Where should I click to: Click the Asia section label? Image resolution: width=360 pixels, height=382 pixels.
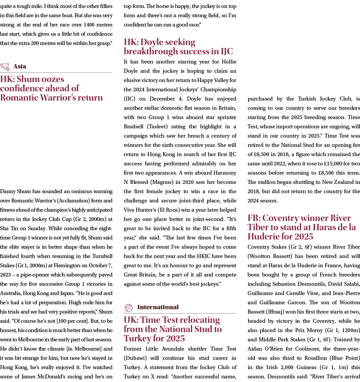[x=20, y=66]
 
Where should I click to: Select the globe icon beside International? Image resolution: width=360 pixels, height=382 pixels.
[x=128, y=307]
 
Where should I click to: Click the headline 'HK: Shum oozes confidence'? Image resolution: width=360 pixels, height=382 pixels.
[x=51, y=88]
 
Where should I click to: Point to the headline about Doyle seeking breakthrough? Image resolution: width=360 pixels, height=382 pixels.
[x=178, y=47]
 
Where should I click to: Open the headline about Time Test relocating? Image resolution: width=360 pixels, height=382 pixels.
[x=172, y=329]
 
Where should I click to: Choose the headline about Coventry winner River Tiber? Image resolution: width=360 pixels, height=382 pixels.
[x=301, y=227]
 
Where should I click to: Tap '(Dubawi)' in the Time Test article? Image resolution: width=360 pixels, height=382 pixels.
[x=135, y=358]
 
